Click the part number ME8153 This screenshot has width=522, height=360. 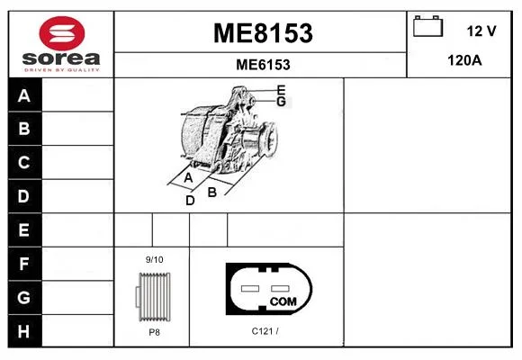263,33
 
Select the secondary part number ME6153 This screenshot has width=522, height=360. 263,65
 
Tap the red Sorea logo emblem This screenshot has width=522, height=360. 62,33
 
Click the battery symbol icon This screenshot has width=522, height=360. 427,26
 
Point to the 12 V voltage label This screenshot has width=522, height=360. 481,31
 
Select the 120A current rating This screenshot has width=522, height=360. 464,60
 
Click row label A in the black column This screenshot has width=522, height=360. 24,96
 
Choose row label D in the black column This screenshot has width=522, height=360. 23,196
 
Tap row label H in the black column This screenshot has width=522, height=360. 23,331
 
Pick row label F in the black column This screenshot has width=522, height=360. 23,264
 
